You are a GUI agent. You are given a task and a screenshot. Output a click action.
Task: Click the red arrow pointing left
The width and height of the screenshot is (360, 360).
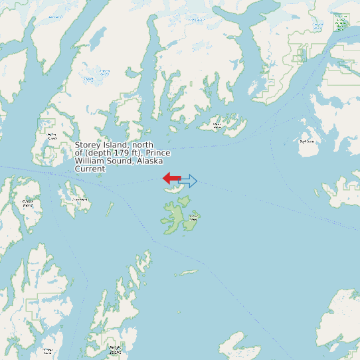pyautogui.click(x=171, y=177)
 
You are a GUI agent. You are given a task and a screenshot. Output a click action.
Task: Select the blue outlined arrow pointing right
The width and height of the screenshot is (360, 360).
pyautogui.click(x=188, y=181)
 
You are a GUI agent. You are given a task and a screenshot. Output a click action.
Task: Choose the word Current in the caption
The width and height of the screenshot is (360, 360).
pyautogui.click(x=90, y=169)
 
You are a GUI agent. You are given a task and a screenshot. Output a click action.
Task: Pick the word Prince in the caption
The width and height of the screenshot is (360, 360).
pyautogui.click(x=158, y=153)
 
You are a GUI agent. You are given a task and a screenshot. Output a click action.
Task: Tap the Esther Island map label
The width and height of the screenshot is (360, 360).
pyautogui.click(x=52, y=136)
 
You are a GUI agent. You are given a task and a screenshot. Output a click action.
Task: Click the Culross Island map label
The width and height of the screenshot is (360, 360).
pyautogui.click(x=28, y=203)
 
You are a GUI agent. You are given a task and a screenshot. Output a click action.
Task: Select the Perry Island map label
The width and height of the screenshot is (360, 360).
pyautogui.click(x=79, y=199)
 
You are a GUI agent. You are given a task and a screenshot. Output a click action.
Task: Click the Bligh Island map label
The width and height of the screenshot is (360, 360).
pyautogui.click(x=306, y=141)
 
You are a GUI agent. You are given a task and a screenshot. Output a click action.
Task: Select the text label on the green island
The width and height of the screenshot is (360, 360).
pyautogui.click(x=193, y=217)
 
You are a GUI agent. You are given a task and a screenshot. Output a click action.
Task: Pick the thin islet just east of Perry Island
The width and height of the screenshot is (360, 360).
pyautogui.click(x=109, y=210)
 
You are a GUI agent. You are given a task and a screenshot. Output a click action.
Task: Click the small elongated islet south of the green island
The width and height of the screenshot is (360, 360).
pyautogui.click(x=189, y=272)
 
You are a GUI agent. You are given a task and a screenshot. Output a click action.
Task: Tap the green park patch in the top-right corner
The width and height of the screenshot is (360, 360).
pyautogui.click(x=340, y=23)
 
